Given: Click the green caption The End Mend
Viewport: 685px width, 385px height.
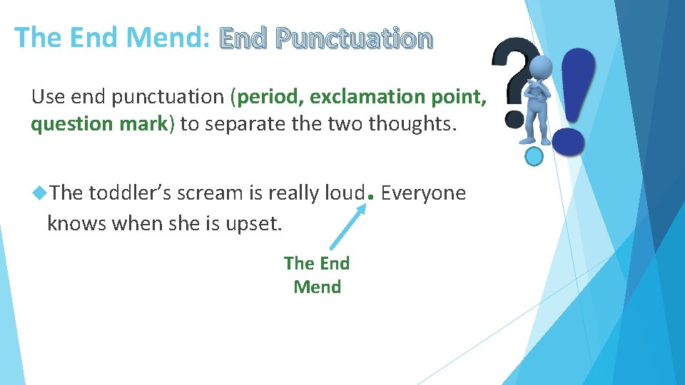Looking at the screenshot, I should click(317, 275).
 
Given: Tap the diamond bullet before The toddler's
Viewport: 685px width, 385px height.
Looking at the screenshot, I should click(40, 192).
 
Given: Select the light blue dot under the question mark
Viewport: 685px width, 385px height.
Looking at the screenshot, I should click(534, 155).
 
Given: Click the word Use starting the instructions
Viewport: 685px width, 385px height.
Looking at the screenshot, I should click(49, 96).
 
